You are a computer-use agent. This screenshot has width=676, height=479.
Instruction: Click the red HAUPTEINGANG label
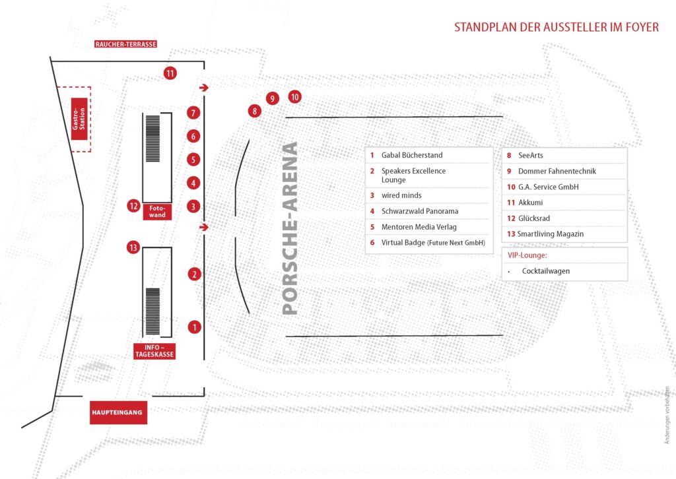click(x=118, y=412)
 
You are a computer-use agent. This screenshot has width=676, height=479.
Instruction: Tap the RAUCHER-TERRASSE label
click(x=125, y=44)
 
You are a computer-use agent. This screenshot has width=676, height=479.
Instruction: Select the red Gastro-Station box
click(x=79, y=119)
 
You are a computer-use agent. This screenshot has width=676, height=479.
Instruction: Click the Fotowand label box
click(x=157, y=212)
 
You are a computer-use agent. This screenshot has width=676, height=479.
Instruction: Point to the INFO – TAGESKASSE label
click(x=154, y=351)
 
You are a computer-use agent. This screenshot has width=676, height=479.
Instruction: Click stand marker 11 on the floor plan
click(x=170, y=73)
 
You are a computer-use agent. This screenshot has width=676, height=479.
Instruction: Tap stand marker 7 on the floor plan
click(x=193, y=113)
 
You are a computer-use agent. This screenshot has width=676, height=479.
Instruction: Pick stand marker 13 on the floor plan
click(x=133, y=247)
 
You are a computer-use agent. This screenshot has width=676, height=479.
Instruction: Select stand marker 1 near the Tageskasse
click(x=195, y=327)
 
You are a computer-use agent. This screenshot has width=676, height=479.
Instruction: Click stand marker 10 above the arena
click(x=294, y=97)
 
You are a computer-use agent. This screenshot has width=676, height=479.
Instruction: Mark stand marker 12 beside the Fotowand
click(x=133, y=206)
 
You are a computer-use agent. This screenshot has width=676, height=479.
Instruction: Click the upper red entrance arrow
click(x=204, y=88)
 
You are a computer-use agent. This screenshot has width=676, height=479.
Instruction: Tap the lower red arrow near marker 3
click(x=204, y=227)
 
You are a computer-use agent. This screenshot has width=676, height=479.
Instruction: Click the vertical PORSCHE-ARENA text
click(x=290, y=228)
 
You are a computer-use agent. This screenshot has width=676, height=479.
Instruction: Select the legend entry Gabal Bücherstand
click(x=412, y=155)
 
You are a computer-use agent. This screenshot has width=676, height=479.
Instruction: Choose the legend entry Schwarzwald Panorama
click(x=419, y=211)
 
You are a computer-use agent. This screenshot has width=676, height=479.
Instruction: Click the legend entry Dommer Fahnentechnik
click(x=557, y=171)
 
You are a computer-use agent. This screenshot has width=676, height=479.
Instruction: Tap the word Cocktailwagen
click(x=546, y=271)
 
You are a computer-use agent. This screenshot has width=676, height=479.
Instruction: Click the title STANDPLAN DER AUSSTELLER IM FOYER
click(x=557, y=27)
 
